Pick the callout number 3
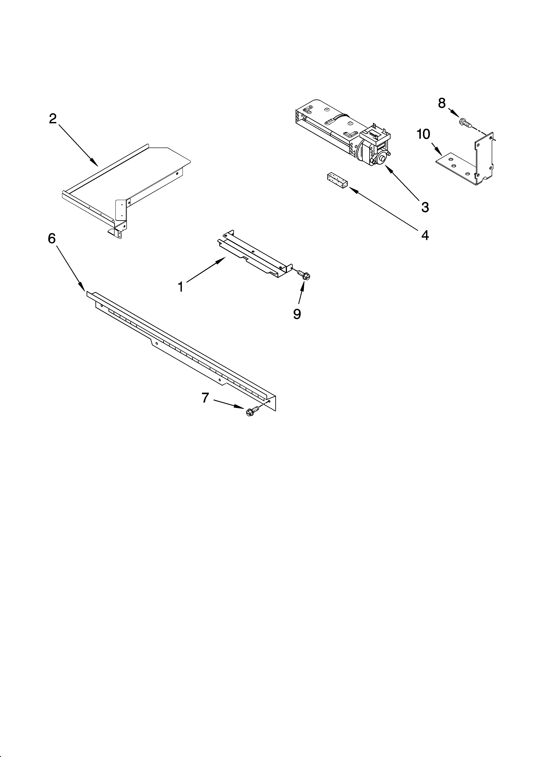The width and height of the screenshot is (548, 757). [x=425, y=207]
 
